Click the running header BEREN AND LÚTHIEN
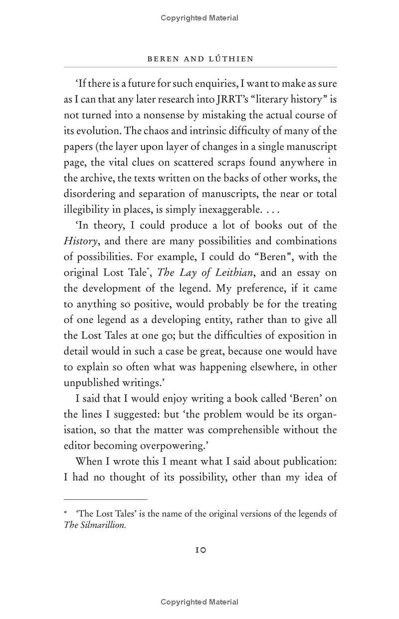click(x=200, y=59)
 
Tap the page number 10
click(x=200, y=550)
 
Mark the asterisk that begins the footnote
click(x=66, y=513)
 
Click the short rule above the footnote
click(x=105, y=499)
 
